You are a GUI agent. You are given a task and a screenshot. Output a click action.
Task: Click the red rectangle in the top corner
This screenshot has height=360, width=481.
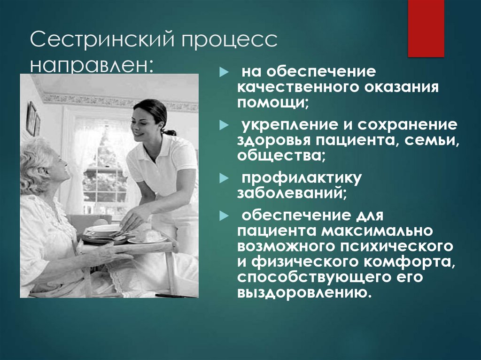426,28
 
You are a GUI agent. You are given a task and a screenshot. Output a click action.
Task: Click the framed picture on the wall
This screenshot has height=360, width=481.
31,118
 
